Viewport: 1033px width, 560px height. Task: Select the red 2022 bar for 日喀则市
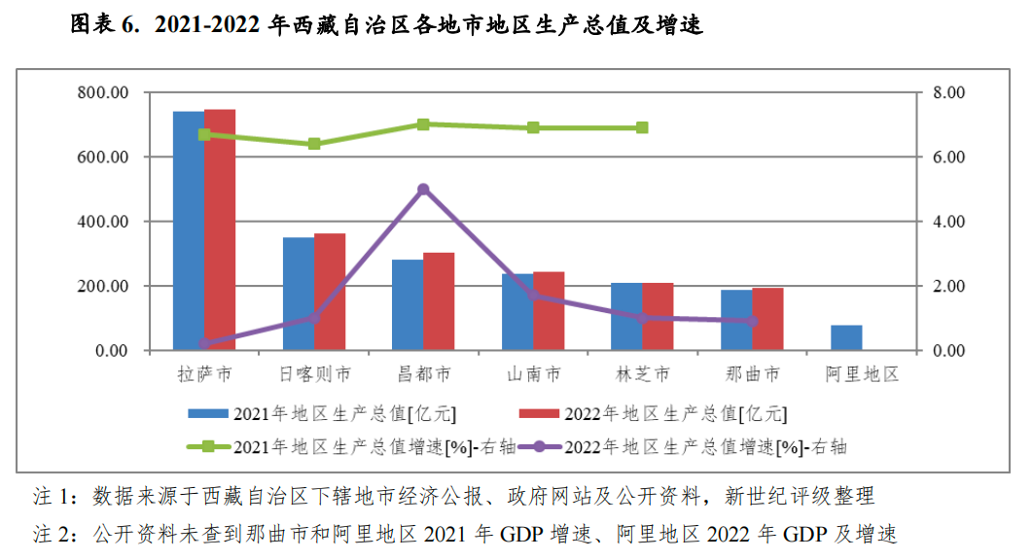point(330,292)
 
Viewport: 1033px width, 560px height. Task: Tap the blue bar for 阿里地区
point(846,337)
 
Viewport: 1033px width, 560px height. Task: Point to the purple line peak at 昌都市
point(423,190)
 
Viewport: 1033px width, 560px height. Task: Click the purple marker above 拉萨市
point(204,343)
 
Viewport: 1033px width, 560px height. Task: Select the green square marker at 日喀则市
point(314,144)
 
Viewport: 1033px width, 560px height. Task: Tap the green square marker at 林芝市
point(642,128)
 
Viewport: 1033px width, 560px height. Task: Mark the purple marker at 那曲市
point(752,321)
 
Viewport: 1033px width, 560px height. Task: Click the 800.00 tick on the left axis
point(104,93)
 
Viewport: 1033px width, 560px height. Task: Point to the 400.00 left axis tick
point(104,222)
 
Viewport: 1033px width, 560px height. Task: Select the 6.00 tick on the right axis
point(948,157)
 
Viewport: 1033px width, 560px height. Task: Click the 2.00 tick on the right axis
point(948,287)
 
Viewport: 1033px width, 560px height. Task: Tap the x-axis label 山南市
point(533,374)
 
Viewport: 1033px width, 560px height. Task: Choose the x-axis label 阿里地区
point(861,374)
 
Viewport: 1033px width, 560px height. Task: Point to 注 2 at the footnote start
point(53,534)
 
